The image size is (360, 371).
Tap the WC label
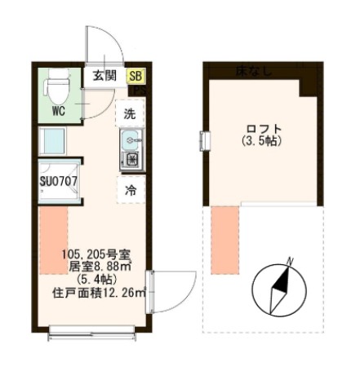(x=58, y=108)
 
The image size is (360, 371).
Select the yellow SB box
(x=136, y=76)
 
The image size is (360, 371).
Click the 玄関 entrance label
(x=104, y=76)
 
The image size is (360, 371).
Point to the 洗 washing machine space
(x=131, y=113)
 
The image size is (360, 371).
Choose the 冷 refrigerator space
(x=131, y=189)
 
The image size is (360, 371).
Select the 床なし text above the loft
(x=255, y=72)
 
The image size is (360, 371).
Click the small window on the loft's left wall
(x=201, y=140)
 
